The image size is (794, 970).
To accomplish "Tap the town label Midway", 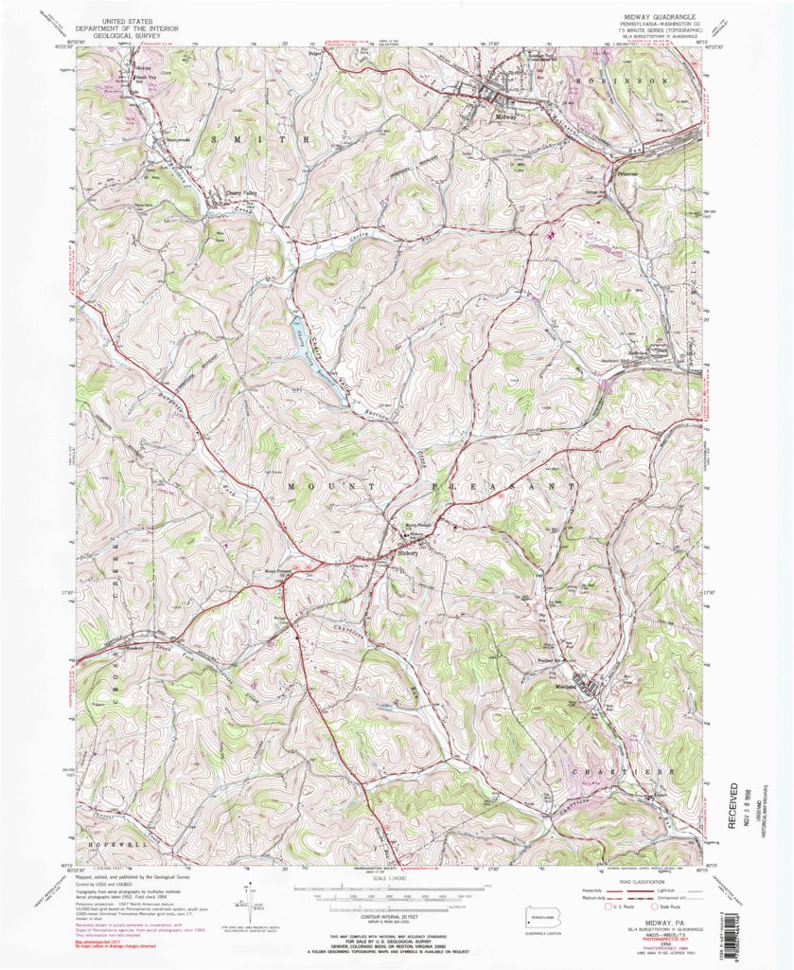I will coord(506,117).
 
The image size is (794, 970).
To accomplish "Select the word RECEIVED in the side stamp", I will coord(734,806).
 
